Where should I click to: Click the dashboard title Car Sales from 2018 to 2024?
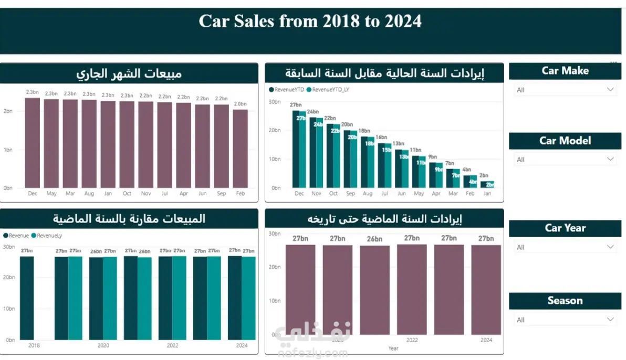click(310, 21)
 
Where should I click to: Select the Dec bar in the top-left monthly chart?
click(33, 143)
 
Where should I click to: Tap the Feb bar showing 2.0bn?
click(240, 149)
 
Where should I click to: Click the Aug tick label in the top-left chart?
click(89, 194)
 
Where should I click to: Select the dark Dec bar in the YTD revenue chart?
click(296, 149)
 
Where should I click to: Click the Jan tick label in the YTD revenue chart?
click(487, 194)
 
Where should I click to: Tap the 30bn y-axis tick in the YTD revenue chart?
click(275, 101)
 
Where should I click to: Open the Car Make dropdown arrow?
click(610, 90)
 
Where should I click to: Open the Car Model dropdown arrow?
click(610, 159)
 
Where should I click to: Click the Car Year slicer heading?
click(565, 228)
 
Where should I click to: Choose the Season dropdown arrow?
click(610, 320)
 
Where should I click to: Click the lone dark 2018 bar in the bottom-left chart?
click(27, 298)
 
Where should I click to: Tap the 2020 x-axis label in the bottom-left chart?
click(103, 346)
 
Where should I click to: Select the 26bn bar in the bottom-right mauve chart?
click(374, 290)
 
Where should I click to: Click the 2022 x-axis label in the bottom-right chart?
click(412, 340)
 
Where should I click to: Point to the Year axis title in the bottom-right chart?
click(393, 348)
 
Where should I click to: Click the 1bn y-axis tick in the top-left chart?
click(8, 150)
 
